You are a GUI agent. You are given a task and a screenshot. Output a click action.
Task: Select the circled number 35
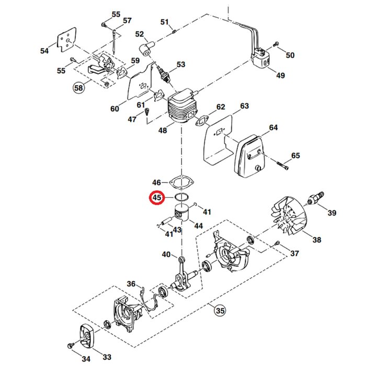[x=220, y=311]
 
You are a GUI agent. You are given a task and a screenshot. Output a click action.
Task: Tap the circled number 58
[x=78, y=88]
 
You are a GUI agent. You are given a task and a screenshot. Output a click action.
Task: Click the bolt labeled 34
[x=71, y=346]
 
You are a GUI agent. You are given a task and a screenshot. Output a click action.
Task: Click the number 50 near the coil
[x=290, y=55]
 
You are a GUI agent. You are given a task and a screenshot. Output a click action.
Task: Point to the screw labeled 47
[x=147, y=111]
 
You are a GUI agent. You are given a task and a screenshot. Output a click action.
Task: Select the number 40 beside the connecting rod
[x=166, y=255]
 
